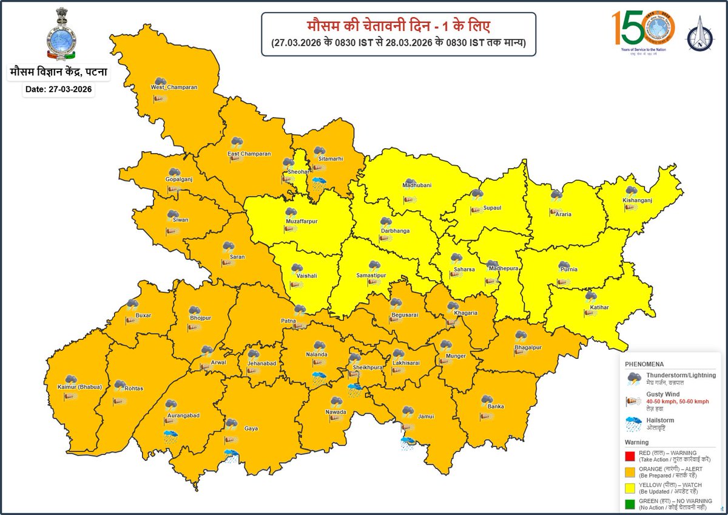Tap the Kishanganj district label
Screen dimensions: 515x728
click(636, 200)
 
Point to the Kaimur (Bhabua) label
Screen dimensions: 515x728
click(79, 387)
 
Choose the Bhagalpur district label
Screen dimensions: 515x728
click(527, 348)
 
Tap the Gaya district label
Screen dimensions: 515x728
click(251, 428)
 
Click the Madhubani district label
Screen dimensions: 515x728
click(417, 185)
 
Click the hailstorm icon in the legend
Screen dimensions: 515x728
click(635, 423)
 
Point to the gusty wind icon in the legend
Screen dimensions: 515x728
click(635, 401)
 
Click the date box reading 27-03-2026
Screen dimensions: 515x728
click(59, 89)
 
